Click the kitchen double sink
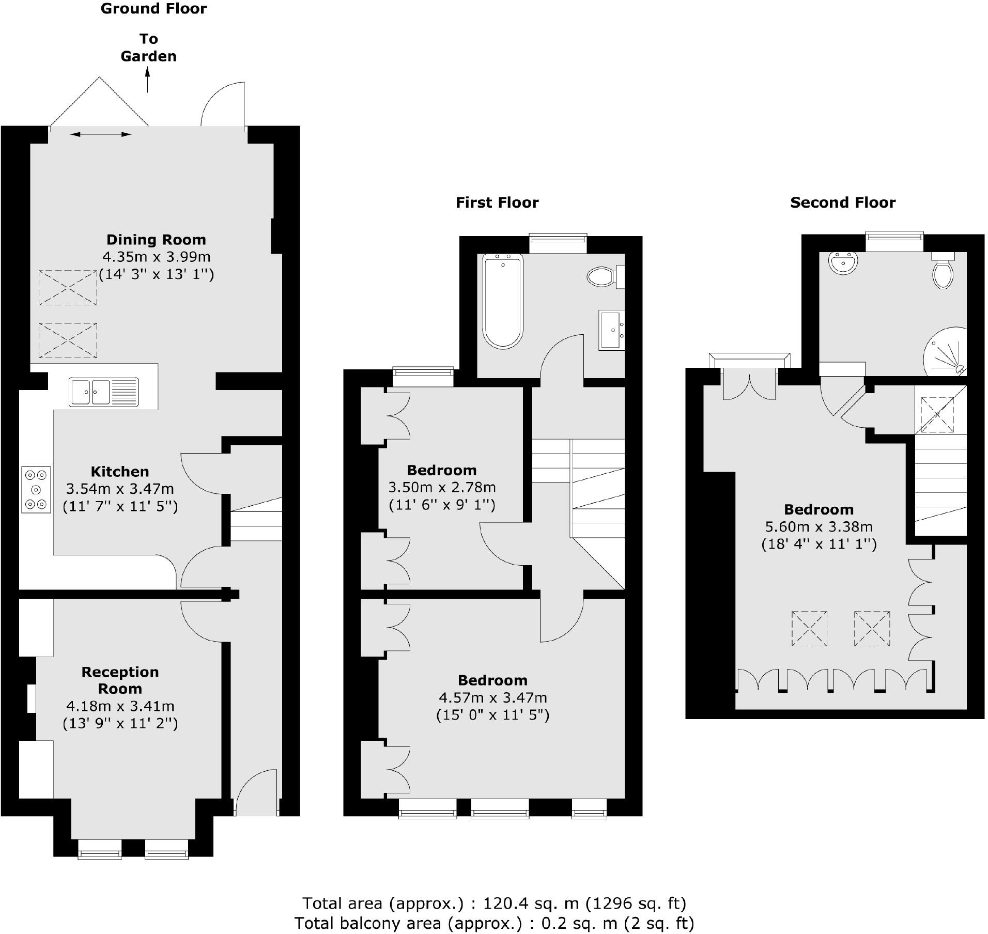pos(103,392)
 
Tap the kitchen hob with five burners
pos(36,489)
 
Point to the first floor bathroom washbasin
pos(612,330)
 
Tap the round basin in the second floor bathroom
pos(843,262)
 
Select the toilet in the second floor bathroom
pos(943,273)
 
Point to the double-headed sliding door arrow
pos(101,134)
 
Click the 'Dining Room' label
pos(156,240)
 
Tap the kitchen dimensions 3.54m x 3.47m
pos(120,489)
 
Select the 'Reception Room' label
pos(120,680)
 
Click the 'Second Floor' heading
pos(842,203)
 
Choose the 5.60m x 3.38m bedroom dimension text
pos(819,527)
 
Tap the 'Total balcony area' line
pos(494,923)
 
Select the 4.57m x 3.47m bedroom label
pos(492,698)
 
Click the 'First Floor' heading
pos(497,203)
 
